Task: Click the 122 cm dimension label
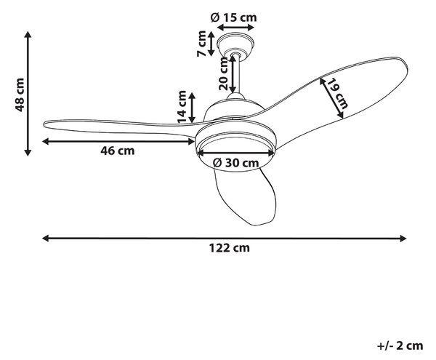point(230,247)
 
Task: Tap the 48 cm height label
point(20,95)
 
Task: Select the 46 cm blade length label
point(117,151)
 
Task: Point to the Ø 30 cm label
point(235,162)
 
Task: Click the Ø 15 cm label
point(234,17)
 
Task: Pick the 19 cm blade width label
point(338,93)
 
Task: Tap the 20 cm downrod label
point(223,73)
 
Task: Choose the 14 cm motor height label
point(182,107)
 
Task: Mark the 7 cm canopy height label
point(201,44)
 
